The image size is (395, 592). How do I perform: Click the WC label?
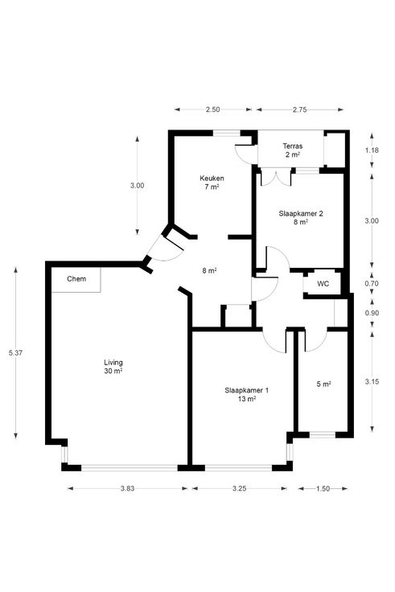(x=323, y=284)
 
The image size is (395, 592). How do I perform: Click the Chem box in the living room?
(x=76, y=279)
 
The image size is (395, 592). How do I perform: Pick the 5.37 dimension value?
(x=15, y=353)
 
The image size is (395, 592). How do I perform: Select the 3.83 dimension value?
(x=128, y=488)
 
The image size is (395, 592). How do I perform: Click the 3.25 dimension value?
(x=240, y=488)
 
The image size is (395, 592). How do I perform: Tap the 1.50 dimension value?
(x=323, y=488)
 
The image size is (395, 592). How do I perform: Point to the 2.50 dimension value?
(x=212, y=110)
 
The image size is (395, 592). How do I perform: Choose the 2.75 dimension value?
(x=299, y=110)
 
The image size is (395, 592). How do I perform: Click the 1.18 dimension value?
(x=372, y=150)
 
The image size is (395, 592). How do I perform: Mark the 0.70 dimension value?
(x=372, y=284)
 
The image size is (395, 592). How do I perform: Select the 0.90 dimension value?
(x=372, y=313)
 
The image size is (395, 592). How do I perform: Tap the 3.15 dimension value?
(x=372, y=382)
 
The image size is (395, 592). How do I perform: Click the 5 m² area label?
(x=323, y=384)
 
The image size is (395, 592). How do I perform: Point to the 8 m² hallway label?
(x=209, y=271)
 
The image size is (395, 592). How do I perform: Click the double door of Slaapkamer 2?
(x=277, y=179)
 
